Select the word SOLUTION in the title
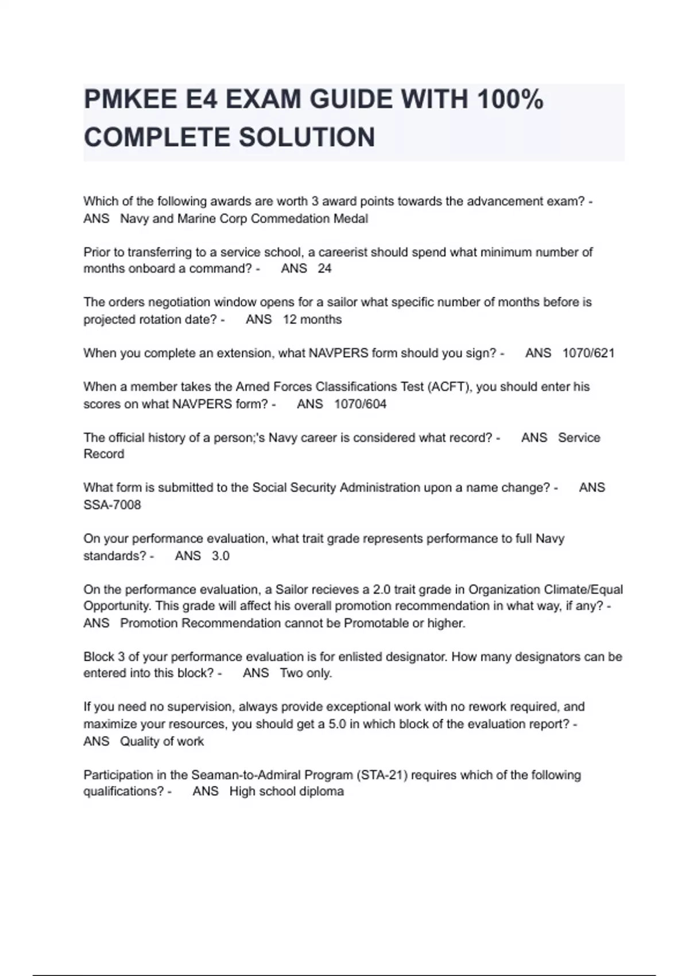307,138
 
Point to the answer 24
324,269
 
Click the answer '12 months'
312,319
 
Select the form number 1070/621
589,353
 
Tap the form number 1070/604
360,404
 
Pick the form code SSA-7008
112,505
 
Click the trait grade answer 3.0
220,556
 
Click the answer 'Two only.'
306,673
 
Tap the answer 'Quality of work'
162,741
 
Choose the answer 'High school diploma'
287,792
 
